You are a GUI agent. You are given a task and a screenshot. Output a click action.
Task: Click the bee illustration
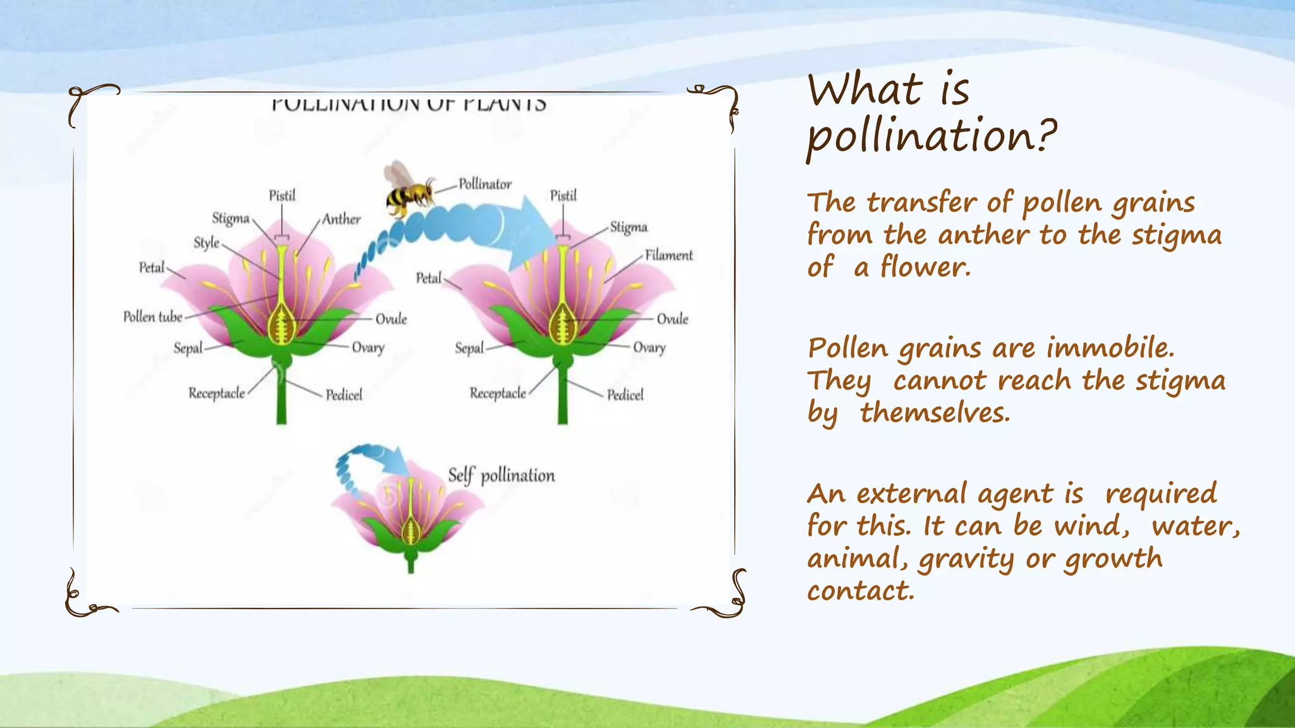coord(408,190)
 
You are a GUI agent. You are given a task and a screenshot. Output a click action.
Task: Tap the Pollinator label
coord(485,184)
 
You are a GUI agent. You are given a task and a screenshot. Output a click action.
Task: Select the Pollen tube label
coord(152,317)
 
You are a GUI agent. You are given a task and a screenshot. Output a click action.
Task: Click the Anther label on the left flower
coord(341,219)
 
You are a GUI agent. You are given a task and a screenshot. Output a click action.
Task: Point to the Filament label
coord(668,255)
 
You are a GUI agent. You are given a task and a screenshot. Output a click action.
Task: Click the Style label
coord(206,243)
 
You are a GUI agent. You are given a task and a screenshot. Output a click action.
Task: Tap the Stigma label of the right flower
coord(629,227)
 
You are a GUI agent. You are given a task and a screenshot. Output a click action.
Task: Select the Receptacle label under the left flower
coord(216,393)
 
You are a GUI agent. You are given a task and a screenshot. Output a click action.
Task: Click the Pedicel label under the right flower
coord(625,395)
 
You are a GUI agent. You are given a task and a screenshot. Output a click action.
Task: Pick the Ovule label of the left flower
coord(391,318)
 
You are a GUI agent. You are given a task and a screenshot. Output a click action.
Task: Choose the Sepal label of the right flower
coord(469,348)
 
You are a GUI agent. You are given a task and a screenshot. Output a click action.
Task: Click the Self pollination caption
coord(501,475)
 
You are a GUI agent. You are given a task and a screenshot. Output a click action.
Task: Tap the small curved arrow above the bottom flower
coord(370,461)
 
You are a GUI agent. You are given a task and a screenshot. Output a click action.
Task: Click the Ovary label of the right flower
coord(649,348)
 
